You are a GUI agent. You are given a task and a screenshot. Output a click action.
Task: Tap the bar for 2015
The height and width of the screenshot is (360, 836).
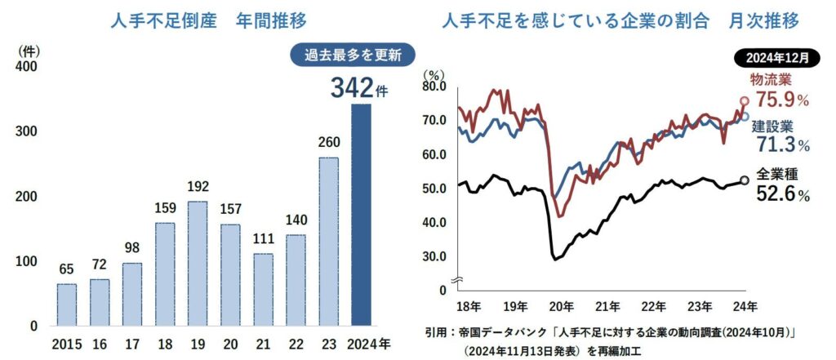point(66,304)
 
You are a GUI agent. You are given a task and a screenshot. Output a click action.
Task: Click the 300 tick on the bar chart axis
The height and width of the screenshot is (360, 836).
point(27,131)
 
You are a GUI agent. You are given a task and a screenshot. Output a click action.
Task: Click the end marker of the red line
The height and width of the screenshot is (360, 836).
point(744,101)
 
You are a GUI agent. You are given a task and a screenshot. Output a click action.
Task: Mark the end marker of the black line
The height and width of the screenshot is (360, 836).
point(744,180)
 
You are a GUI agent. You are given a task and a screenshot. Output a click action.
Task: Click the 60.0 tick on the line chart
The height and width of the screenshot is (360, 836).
point(434,154)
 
